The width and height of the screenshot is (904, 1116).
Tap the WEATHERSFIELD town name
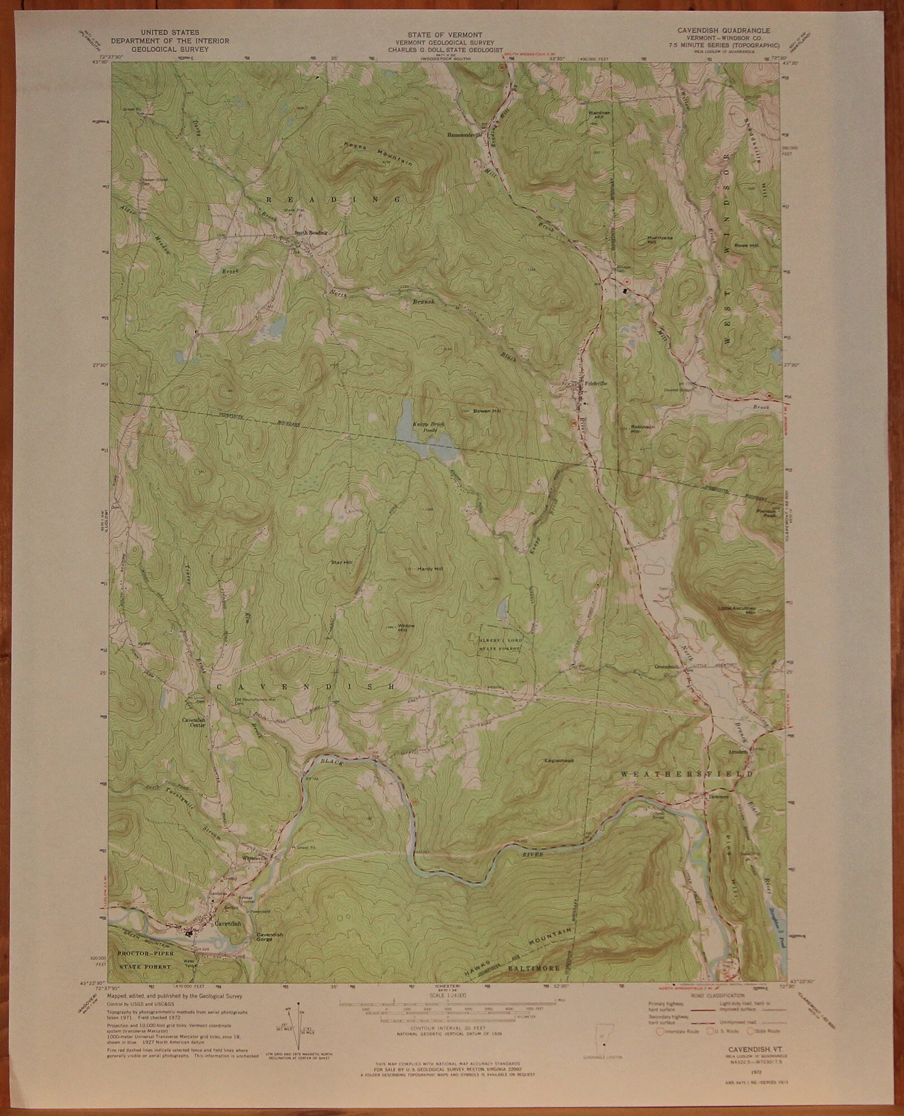click(686, 775)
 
